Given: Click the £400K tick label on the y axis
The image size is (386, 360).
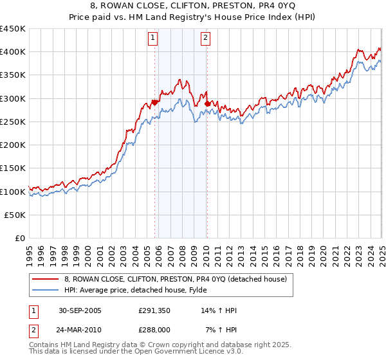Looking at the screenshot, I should [x=12, y=52].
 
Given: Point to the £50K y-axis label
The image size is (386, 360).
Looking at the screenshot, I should [x=15, y=215].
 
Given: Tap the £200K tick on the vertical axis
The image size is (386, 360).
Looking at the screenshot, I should [x=12, y=145].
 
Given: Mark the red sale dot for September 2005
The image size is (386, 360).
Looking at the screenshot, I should [x=155, y=102].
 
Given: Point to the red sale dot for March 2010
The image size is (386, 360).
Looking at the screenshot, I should [x=207, y=104].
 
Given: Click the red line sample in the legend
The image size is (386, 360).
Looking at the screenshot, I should [x=45, y=278].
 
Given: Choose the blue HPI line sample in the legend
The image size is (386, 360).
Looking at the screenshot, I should [x=45, y=289].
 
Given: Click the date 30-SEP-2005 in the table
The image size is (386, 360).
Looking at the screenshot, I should [x=80, y=310].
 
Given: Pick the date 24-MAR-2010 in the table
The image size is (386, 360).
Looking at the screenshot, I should [x=80, y=329].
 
